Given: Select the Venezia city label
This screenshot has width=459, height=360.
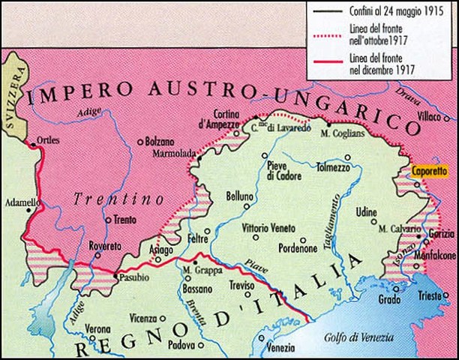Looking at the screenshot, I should click(280, 347).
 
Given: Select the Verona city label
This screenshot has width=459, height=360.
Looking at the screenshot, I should click(97, 329).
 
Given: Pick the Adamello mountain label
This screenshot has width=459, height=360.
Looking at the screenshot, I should click(18, 203).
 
